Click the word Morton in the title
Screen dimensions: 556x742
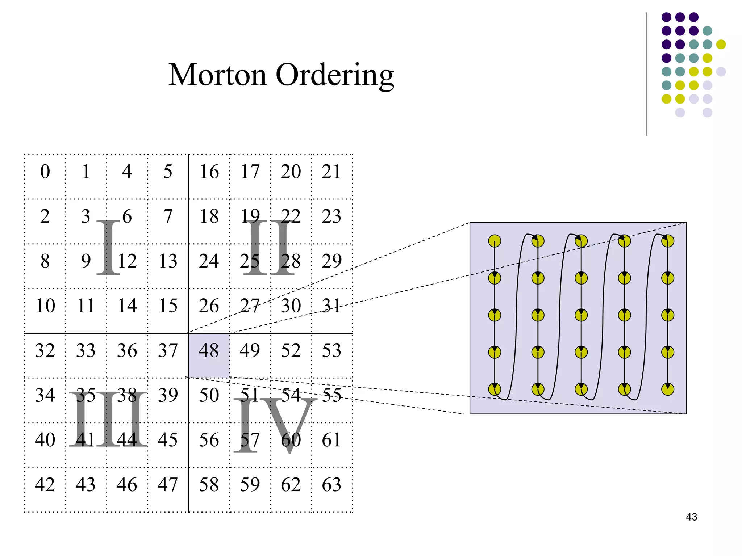217,75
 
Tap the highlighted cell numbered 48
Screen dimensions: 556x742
209,351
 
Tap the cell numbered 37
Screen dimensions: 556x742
168,351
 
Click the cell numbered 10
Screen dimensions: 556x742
45,306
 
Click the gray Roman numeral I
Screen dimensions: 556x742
108,247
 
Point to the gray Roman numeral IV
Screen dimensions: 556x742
275,425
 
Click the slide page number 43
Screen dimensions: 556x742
691,517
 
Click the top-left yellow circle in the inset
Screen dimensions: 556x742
495,241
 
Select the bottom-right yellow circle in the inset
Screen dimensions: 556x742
668,389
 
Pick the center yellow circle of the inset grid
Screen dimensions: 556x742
581,315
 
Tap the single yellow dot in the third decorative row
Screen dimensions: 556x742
721,45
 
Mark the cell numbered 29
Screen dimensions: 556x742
332,261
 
